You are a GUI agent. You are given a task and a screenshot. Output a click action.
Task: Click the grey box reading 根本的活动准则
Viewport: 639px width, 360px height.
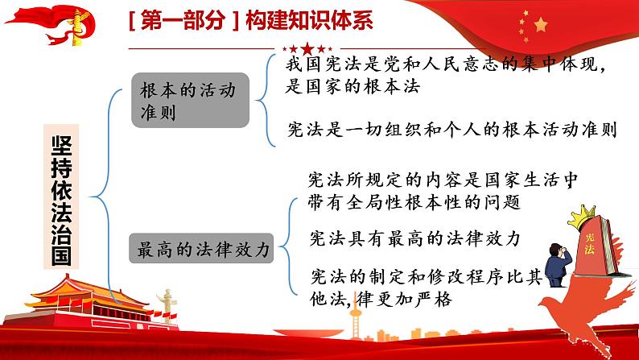(190, 100)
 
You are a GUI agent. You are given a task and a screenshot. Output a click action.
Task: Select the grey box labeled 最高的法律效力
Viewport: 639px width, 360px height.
(201, 248)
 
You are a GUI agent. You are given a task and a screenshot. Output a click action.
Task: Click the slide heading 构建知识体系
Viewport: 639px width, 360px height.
(309, 21)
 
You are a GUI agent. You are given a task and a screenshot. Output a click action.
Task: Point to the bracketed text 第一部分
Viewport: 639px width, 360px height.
(183, 21)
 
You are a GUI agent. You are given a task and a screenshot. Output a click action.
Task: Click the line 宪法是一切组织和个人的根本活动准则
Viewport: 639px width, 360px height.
(451, 130)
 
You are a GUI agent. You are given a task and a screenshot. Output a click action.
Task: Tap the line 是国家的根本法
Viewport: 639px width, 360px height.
(352, 86)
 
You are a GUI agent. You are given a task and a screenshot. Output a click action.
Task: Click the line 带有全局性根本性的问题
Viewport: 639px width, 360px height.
(414, 202)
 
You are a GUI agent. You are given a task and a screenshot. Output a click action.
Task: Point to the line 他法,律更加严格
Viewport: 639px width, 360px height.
(381, 300)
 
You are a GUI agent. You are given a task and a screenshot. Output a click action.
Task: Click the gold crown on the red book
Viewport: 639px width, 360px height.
(581, 216)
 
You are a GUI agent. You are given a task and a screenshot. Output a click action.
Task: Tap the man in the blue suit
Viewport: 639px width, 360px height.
(558, 265)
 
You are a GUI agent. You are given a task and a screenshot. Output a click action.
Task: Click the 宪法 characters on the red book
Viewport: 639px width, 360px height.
(589, 244)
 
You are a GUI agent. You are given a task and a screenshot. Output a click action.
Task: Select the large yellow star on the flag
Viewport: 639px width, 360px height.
(541, 25)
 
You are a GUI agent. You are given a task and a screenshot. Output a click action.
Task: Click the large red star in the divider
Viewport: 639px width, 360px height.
(307, 49)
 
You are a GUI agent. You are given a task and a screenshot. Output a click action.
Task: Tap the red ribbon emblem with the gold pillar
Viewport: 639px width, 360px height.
(53, 25)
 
